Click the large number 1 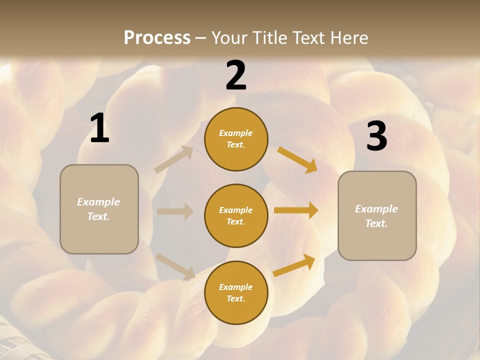(x=99, y=129)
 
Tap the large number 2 (x=236, y=76)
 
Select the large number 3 (x=376, y=136)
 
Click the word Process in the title (x=157, y=37)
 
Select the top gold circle (x=236, y=139)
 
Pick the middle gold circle (x=236, y=215)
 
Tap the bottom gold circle (x=236, y=292)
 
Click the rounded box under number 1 (x=99, y=209)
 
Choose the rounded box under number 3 (x=377, y=215)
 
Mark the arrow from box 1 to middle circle (x=175, y=211)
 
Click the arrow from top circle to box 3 (x=297, y=159)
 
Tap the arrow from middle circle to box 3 (x=296, y=210)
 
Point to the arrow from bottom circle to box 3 (x=294, y=265)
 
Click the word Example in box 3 (x=376, y=209)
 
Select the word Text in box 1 (x=98, y=217)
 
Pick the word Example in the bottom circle (x=235, y=287)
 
